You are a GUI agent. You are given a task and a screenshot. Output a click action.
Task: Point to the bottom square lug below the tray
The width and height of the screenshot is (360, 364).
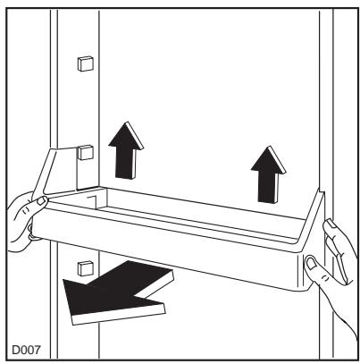86,266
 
